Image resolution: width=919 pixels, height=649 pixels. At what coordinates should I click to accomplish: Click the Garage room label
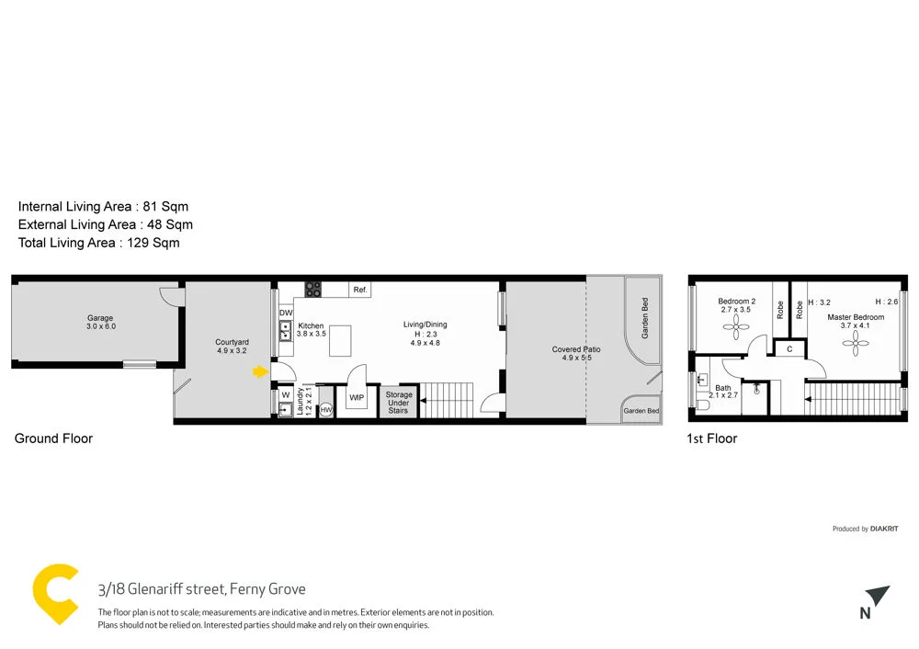pyautogui.click(x=100, y=318)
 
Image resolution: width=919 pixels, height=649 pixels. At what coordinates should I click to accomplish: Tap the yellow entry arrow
pyautogui.click(x=261, y=371)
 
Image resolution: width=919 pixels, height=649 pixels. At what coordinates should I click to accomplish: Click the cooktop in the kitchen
pyautogui.click(x=313, y=289)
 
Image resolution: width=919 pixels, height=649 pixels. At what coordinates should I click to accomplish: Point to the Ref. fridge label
pyautogui.click(x=360, y=290)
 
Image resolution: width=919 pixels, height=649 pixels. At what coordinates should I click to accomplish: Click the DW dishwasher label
pyautogui.click(x=285, y=313)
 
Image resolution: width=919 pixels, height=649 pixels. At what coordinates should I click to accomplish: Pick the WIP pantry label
pyautogui.click(x=357, y=398)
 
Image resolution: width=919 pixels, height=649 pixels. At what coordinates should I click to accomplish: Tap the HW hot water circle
pyautogui.click(x=325, y=410)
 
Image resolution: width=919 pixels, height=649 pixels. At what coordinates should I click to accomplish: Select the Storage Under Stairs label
pyautogui.click(x=399, y=403)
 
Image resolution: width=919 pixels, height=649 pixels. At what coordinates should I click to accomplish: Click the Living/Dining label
pyautogui.click(x=425, y=324)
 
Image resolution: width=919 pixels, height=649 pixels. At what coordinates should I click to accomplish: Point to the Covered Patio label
pyautogui.click(x=576, y=349)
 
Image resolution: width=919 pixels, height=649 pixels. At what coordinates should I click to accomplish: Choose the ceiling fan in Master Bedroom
pyautogui.click(x=856, y=345)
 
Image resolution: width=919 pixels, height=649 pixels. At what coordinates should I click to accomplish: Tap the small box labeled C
pyautogui.click(x=789, y=349)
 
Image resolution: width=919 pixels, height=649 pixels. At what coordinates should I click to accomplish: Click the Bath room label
pyautogui.click(x=723, y=388)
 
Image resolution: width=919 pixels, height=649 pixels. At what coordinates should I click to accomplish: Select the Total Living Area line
pyautogui.click(x=98, y=243)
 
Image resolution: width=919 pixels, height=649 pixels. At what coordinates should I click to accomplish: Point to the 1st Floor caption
pyautogui.click(x=711, y=438)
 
